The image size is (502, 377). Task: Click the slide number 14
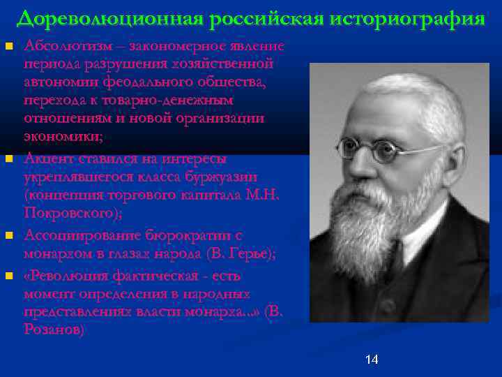(x=372, y=360)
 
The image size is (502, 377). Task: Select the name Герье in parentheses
(x=249, y=253)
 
